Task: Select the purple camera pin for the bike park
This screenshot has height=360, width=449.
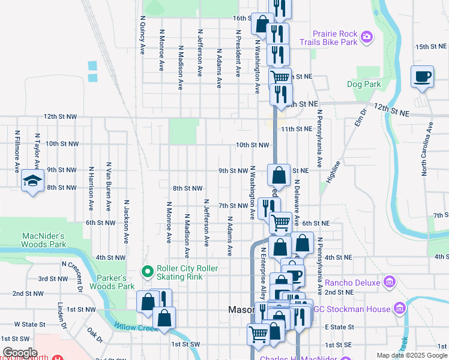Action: point(367,38)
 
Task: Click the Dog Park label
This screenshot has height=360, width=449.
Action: point(364,85)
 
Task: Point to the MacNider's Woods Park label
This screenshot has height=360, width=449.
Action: point(43,240)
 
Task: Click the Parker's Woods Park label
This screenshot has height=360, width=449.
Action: point(112,282)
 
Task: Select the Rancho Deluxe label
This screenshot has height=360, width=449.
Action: point(353,282)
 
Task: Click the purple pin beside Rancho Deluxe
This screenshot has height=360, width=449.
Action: point(390,281)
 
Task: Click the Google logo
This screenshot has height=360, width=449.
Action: point(19,353)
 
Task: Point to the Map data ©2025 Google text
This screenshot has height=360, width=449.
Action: point(412,355)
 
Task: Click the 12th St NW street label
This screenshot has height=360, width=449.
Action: point(60,116)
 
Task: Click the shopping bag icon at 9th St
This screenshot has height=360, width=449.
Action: point(279,176)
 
